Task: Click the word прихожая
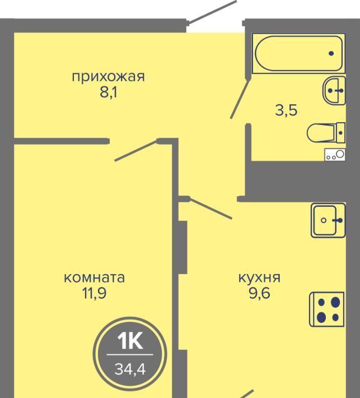pos(109,77)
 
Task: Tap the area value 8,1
pos(109,92)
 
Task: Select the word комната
pos(94,277)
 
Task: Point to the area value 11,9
pos(94,293)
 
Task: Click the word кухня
pos(259,278)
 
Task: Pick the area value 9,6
pos(260,293)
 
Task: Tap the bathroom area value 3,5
pos(286,110)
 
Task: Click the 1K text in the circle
pos(130,341)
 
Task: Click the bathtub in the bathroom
pos(298,54)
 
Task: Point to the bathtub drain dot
pos(331,54)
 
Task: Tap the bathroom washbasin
pos(334,90)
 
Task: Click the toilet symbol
pos(326,132)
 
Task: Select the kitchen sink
pos(328,220)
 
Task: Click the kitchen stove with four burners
pos(327,309)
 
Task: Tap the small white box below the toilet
pos(335,155)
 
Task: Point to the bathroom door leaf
pos(239,99)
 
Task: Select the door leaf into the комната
pos(137,150)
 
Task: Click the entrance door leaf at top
pos(212,12)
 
